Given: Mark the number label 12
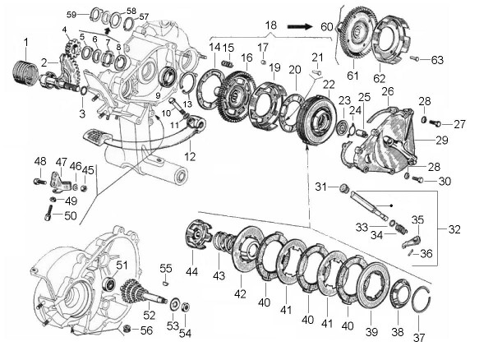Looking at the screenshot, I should click(191, 156).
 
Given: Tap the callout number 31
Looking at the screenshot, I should click(322, 187).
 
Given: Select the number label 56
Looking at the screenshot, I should click(147, 330).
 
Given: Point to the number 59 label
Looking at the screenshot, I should click(71, 15).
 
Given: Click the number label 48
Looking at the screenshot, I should click(39, 160).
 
